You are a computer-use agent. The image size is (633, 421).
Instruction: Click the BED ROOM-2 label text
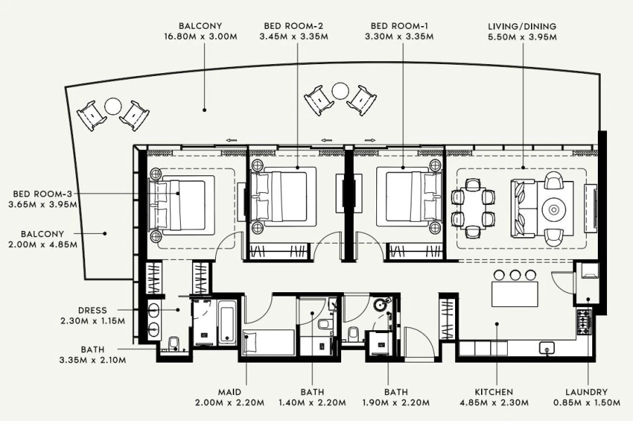click(293, 26)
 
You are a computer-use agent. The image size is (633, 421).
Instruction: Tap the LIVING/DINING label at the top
click(523, 26)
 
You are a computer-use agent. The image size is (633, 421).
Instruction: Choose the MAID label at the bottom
click(230, 392)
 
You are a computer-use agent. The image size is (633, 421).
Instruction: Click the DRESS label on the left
click(93, 310)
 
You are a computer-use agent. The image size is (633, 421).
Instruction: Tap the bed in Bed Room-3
click(181, 205)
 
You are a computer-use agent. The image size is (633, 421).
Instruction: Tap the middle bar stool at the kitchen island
click(516, 274)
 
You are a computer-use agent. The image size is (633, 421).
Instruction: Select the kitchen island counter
click(515, 293)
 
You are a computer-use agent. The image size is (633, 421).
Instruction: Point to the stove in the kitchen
click(584, 322)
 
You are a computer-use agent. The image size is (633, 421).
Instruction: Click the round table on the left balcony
click(113, 106)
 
